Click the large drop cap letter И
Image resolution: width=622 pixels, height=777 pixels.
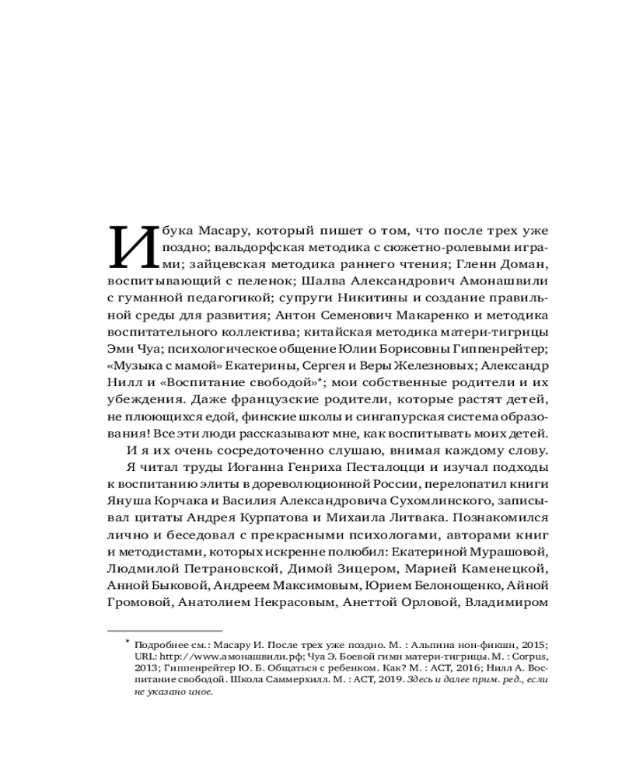click(x=128, y=246)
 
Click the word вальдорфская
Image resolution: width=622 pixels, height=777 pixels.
click(x=236, y=249)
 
